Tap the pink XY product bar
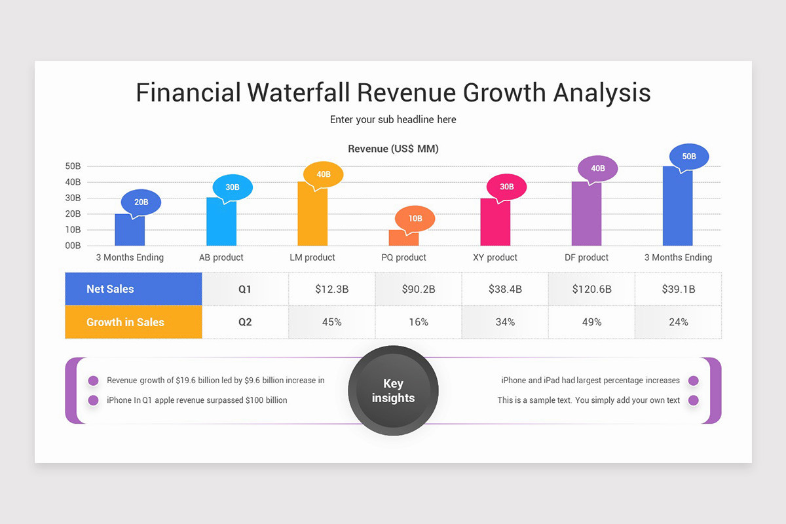495,223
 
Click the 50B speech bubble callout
688,157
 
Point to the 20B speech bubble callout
141,202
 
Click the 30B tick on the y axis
73,198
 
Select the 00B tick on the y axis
73,246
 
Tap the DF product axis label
586,257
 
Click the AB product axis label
221,257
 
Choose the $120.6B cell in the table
591,289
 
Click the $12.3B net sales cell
331,289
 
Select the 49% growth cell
591,322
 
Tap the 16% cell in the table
418,322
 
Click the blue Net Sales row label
134,289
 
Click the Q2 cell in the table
245,322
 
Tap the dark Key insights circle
393,391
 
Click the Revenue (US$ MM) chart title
393,149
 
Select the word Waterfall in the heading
299,92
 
